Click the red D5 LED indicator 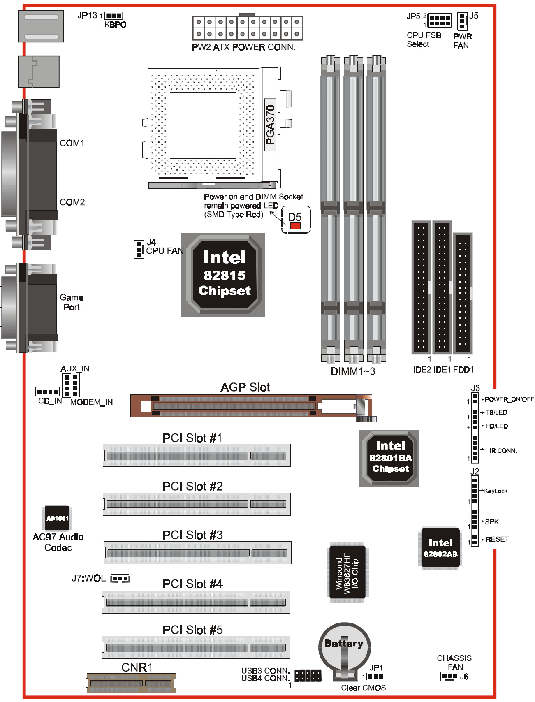pos(295,226)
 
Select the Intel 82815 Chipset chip pos(223,275)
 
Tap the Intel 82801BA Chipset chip pos(389,458)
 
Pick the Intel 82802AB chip pos(440,549)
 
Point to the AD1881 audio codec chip pos(57,518)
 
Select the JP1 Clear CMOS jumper pos(375,677)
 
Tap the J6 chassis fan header pos(449,677)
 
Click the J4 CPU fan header pos(139,249)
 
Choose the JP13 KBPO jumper pos(114,16)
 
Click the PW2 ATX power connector pos(248,28)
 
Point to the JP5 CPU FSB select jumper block pos(440,20)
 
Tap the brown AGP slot pos(251,406)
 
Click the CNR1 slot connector pos(131,683)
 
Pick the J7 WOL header pos(120,578)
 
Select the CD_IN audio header pos(48,392)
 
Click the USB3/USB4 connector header pos(308,676)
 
